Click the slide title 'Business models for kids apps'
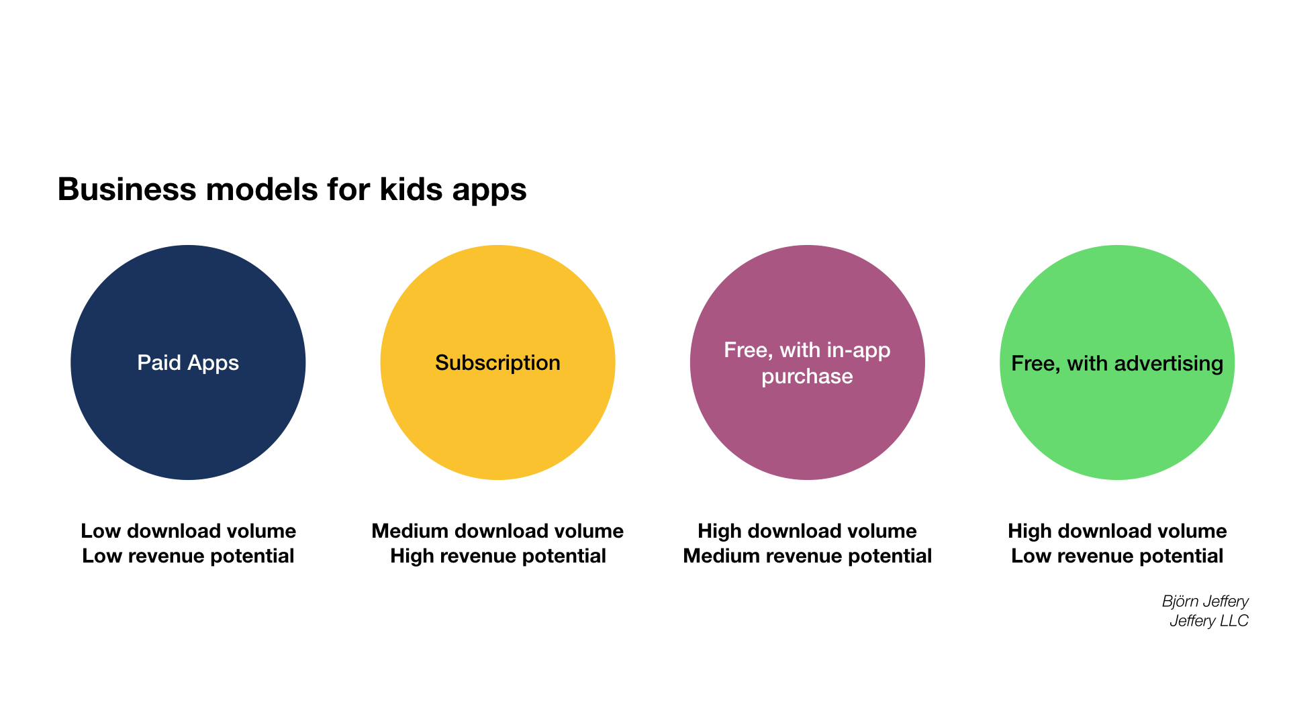click(292, 189)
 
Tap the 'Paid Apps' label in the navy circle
click(188, 363)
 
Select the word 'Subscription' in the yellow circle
click(497, 363)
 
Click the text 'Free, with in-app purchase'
click(807, 363)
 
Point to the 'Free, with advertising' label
click(1117, 363)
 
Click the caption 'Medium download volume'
click(497, 531)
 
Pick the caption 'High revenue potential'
click(498, 556)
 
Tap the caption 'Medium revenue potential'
click(808, 556)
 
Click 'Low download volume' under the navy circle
click(188, 531)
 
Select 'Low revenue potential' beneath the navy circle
click(188, 556)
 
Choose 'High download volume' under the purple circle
click(807, 531)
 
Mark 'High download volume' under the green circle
click(1117, 531)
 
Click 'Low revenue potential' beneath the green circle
click(1117, 556)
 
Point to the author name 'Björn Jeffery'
click(1205, 601)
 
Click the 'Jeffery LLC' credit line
click(1209, 621)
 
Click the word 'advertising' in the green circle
click(1169, 363)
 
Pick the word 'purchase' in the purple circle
click(807, 377)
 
